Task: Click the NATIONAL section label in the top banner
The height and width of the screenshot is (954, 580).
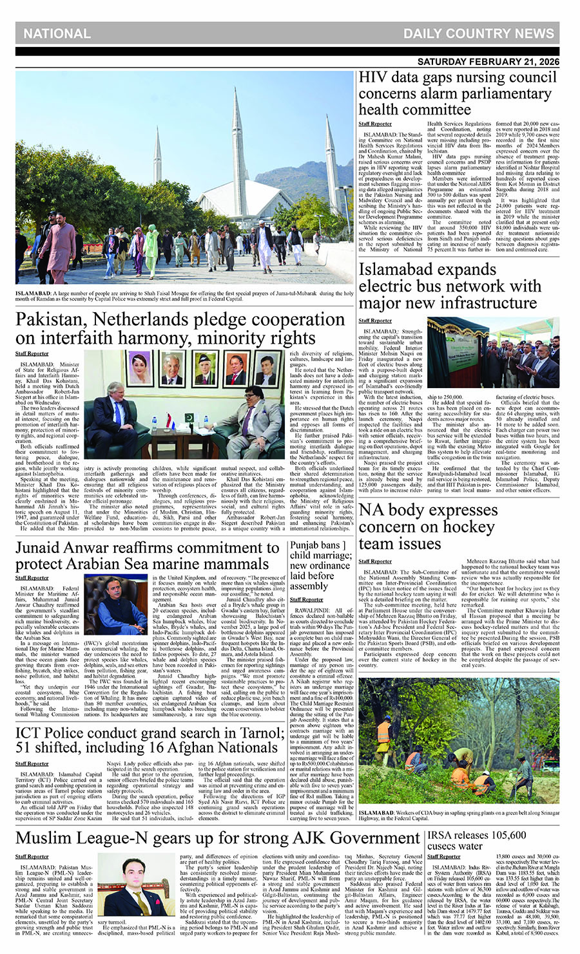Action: click(57, 33)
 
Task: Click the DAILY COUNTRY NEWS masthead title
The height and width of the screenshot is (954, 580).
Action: click(478, 33)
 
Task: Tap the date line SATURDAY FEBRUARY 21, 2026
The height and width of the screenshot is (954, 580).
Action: click(488, 62)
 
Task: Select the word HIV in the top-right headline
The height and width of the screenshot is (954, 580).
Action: click(372, 78)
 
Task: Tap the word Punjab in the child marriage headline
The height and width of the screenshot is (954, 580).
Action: click(305, 545)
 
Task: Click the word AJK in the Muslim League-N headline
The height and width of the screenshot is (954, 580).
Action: click(304, 838)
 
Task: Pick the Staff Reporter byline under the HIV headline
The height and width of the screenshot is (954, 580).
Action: click(375, 124)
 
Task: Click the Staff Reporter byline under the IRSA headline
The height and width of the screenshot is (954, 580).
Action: click(444, 856)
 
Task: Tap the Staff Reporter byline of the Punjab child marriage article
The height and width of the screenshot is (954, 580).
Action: click(306, 599)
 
